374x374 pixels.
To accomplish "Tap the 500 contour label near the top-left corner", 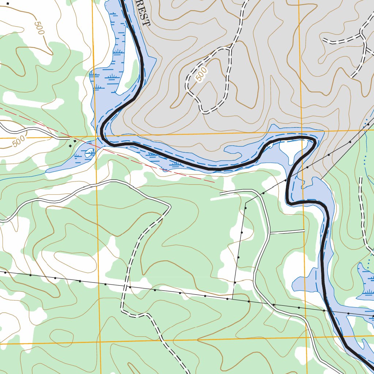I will (x=39, y=28).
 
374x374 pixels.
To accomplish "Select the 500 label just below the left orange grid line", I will (x=19, y=141).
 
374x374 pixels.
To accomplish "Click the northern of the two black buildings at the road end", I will (x=75, y=141).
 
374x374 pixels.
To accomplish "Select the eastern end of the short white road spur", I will (x=304, y=230).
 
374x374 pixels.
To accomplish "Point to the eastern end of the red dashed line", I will (x=214, y=182).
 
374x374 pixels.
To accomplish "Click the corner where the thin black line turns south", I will (x=246, y=202).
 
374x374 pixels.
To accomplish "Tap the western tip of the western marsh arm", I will (x=47, y=171).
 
